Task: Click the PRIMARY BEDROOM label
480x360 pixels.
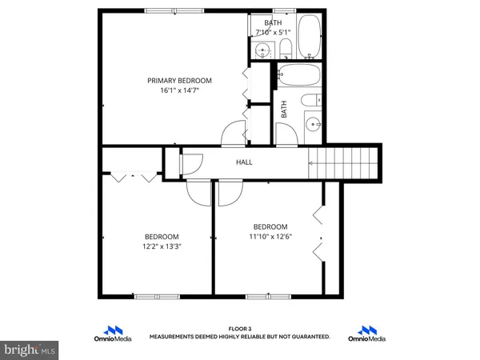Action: coord(179,80)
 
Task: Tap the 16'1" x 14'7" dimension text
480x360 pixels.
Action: coord(179,90)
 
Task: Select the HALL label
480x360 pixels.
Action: coord(244,162)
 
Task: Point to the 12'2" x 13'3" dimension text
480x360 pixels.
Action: coord(162,246)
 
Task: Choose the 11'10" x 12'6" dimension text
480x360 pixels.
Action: coord(270,236)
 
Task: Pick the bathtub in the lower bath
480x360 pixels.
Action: coord(298,78)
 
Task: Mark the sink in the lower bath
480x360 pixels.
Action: coord(314,126)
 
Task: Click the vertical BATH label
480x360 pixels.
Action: coord(283,110)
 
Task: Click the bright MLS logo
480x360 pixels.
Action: coord(30,350)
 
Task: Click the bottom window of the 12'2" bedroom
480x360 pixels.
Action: coord(152,296)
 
